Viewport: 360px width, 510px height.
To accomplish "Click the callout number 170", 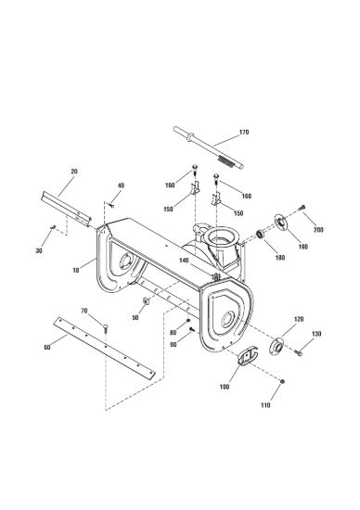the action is pos(244,132).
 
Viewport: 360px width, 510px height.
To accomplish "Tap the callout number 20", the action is pos(74,172).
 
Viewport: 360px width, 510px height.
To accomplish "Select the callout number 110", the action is pos(265,405).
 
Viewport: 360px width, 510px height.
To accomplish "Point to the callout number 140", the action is pos(184,261).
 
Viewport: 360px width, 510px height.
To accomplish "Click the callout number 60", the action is pos(47,348).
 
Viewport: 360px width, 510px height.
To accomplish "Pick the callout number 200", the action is pos(318,230).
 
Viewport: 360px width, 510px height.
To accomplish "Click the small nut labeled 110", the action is pos(283,381).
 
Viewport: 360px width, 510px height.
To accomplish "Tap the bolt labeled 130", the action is pos(299,352).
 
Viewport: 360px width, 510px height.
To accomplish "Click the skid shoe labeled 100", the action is pos(248,356).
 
